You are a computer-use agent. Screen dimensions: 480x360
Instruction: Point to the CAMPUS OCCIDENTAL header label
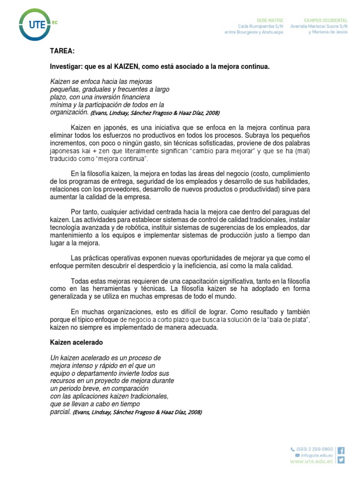[325, 21]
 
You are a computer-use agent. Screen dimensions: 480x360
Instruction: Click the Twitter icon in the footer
[341, 460]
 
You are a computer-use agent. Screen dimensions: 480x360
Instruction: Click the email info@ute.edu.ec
[316, 455]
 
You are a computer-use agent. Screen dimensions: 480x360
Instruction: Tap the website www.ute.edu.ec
[312, 461]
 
